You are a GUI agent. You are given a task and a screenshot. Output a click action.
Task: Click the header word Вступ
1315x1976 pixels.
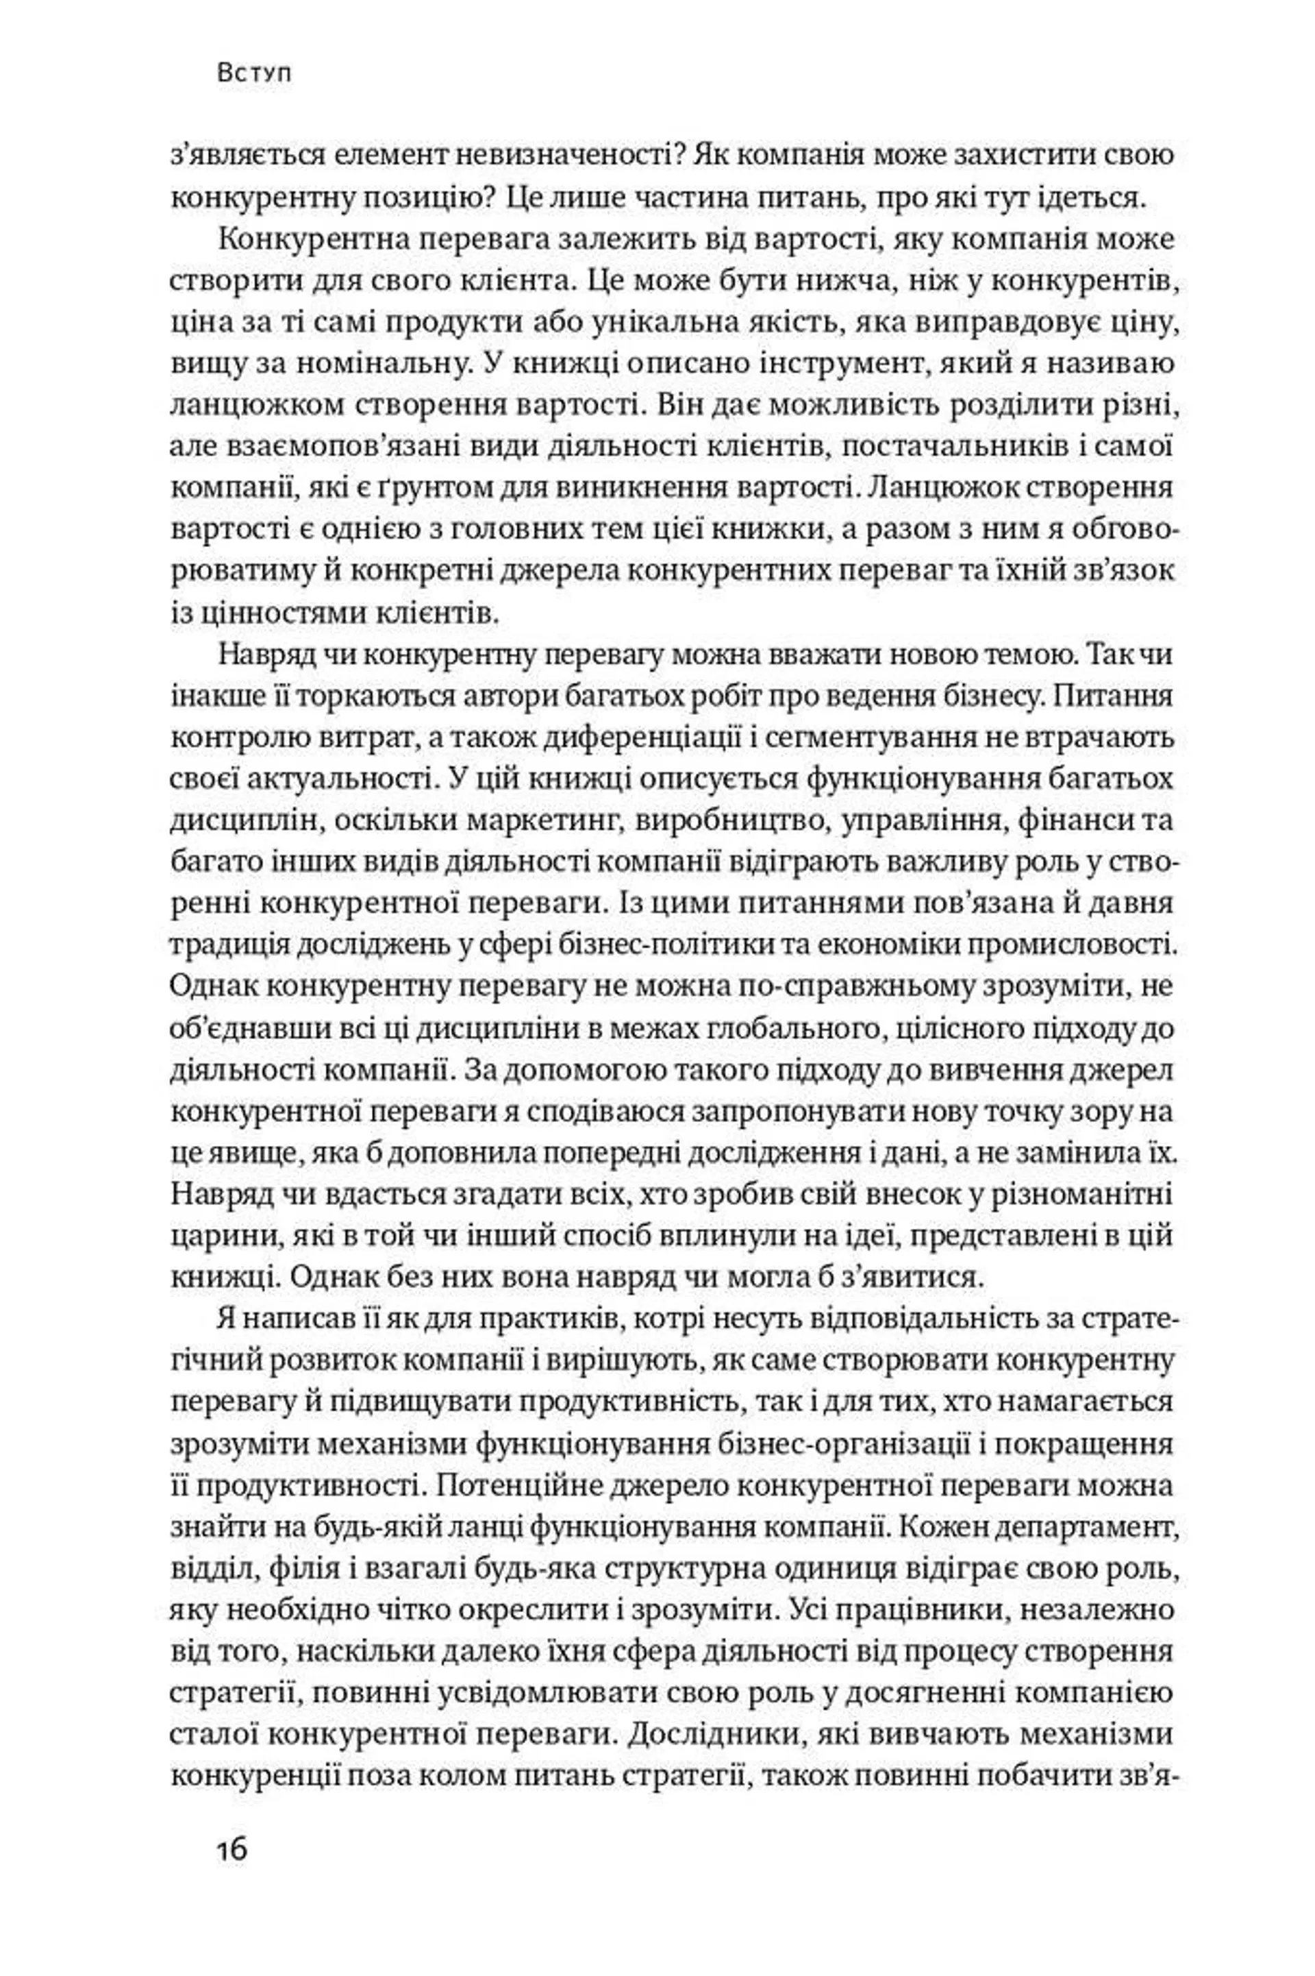[254, 74]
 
